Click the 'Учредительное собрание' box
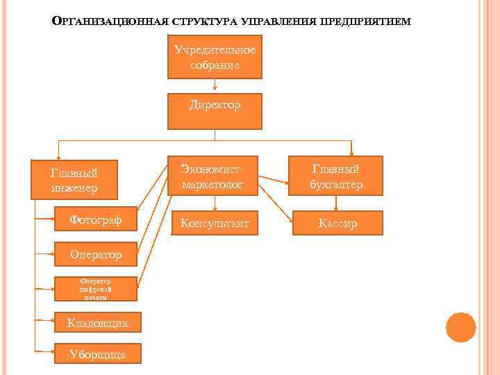click(215, 57)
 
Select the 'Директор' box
click(215, 111)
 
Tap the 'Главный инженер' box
click(74, 180)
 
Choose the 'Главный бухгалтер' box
click(336, 176)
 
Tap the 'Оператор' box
click(96, 255)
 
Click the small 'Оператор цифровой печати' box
click(96, 289)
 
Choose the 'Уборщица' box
click(98, 353)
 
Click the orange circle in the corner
click(460, 327)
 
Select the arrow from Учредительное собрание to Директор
click(215, 85)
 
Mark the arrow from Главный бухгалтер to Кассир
click(336, 203)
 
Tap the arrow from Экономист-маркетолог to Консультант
click(215, 203)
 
